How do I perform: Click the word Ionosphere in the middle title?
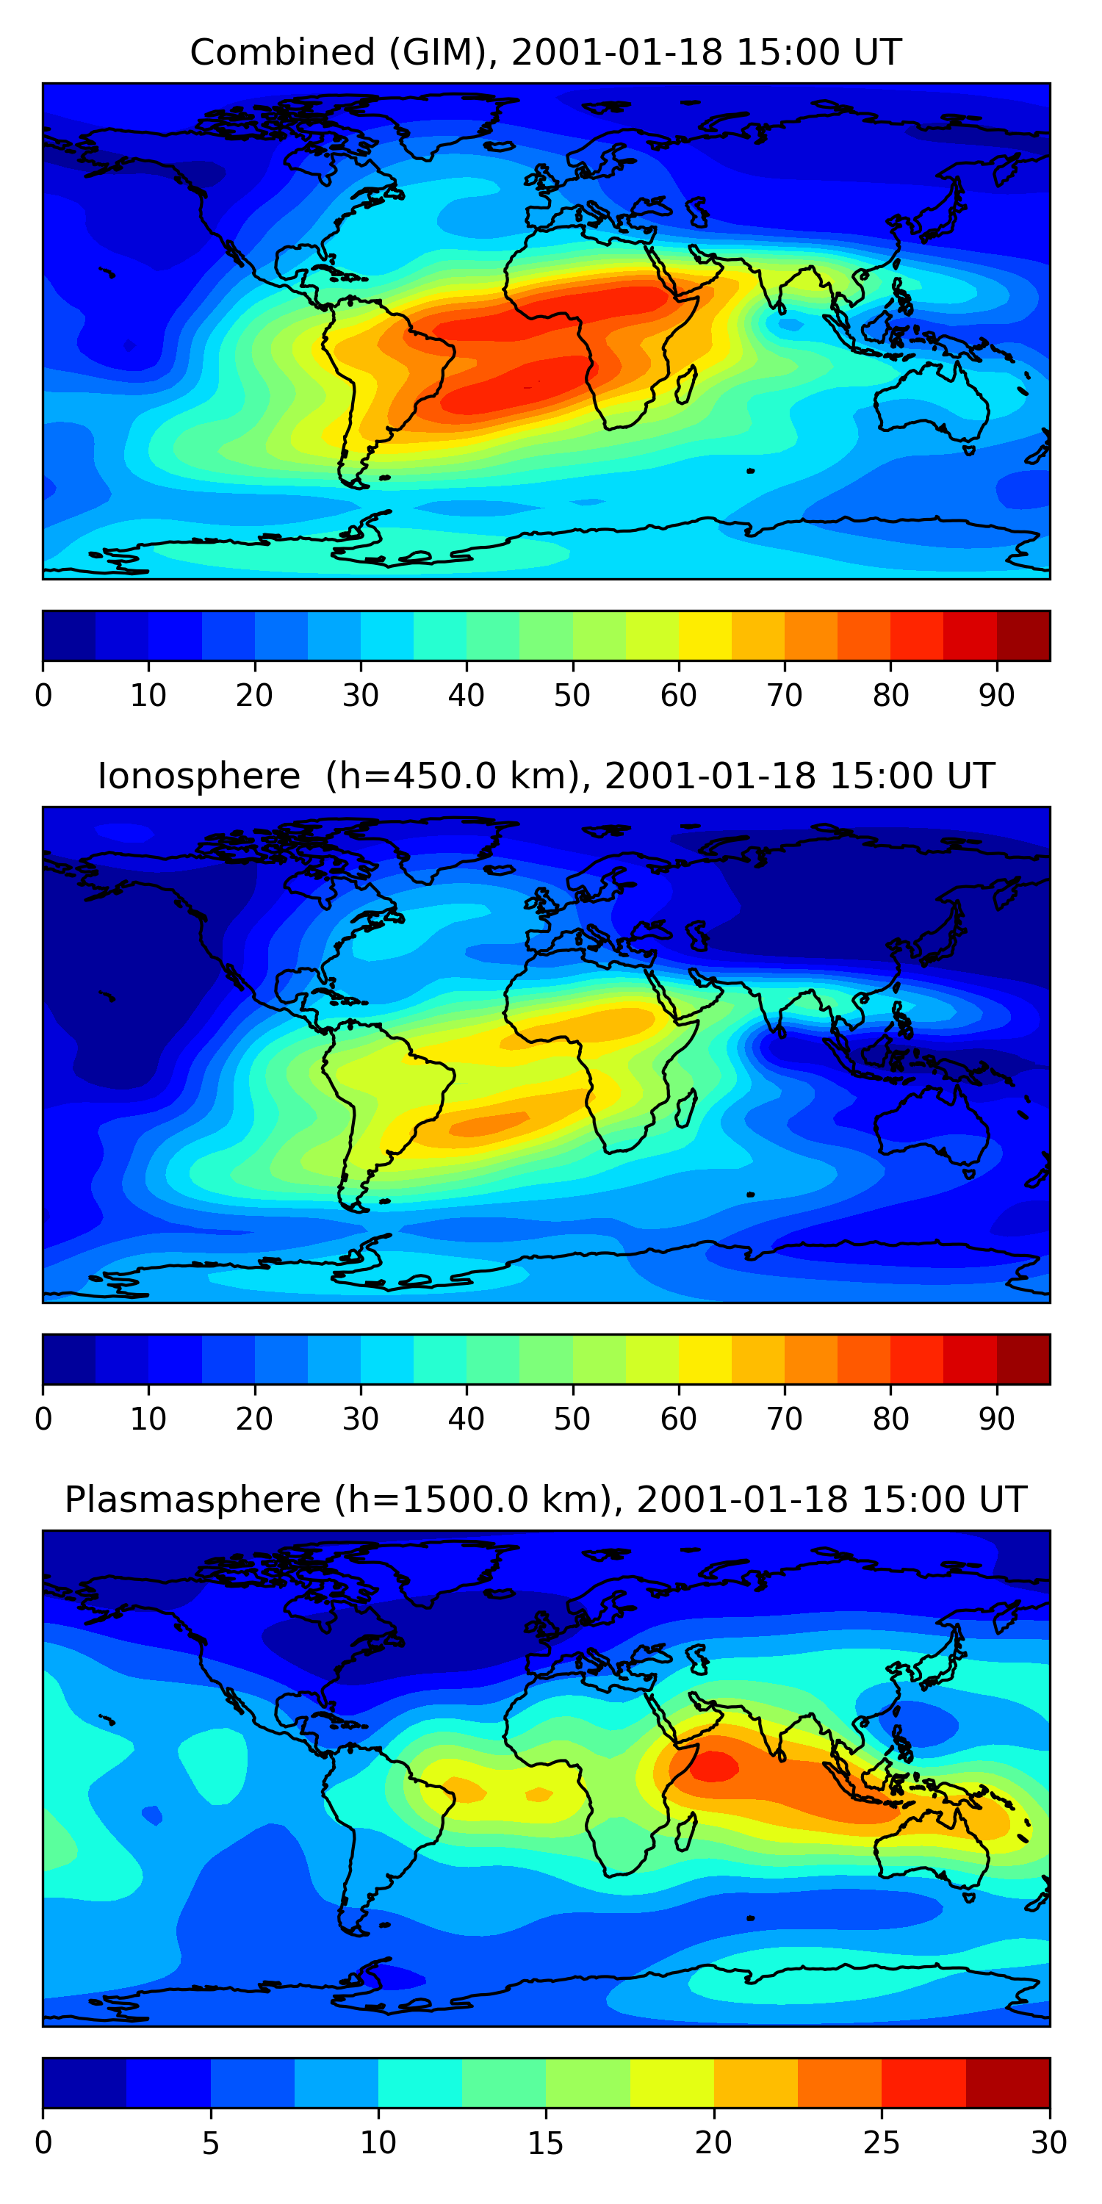(x=198, y=777)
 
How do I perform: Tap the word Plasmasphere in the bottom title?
(x=192, y=1501)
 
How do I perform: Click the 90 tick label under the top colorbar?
(x=997, y=696)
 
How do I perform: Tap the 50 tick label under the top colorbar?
(x=572, y=696)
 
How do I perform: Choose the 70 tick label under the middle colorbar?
(x=785, y=1419)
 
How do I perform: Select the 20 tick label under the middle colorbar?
(x=254, y=1419)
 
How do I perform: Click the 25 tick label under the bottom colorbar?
(x=882, y=2143)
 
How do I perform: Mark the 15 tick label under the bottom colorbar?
(x=546, y=2143)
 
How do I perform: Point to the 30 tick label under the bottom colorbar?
(x=1048, y=2143)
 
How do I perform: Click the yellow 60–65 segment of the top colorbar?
(x=705, y=635)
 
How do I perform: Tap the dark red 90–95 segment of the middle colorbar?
(x=1023, y=1360)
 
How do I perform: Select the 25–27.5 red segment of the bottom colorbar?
(x=923, y=2084)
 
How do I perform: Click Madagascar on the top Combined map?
(x=686, y=385)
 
